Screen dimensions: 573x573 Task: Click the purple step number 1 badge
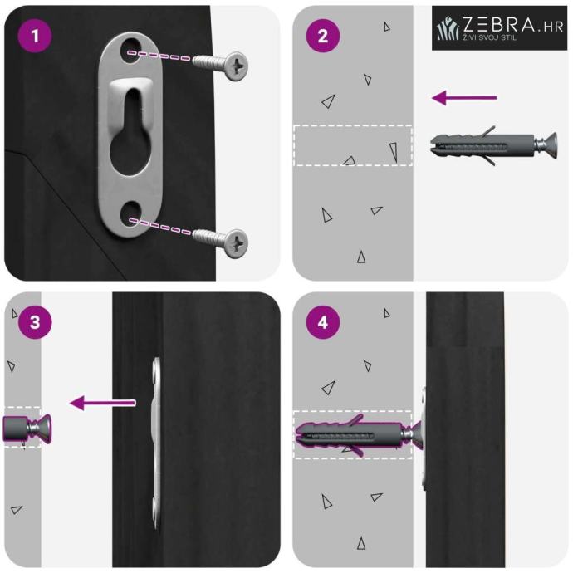(35, 36)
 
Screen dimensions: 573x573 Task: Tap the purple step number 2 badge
(323, 36)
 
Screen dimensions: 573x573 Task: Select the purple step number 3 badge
(35, 322)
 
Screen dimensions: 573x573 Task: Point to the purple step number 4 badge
(323, 322)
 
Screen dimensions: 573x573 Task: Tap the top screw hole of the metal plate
(131, 50)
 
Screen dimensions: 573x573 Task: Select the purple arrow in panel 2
(464, 97)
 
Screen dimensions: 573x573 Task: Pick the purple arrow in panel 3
(102, 403)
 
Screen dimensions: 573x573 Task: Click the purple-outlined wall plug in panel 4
(350, 435)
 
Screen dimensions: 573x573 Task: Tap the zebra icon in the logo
(448, 27)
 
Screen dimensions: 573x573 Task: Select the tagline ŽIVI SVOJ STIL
(490, 37)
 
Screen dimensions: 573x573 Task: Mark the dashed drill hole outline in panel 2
(353, 145)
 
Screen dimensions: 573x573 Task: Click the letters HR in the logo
(553, 27)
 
